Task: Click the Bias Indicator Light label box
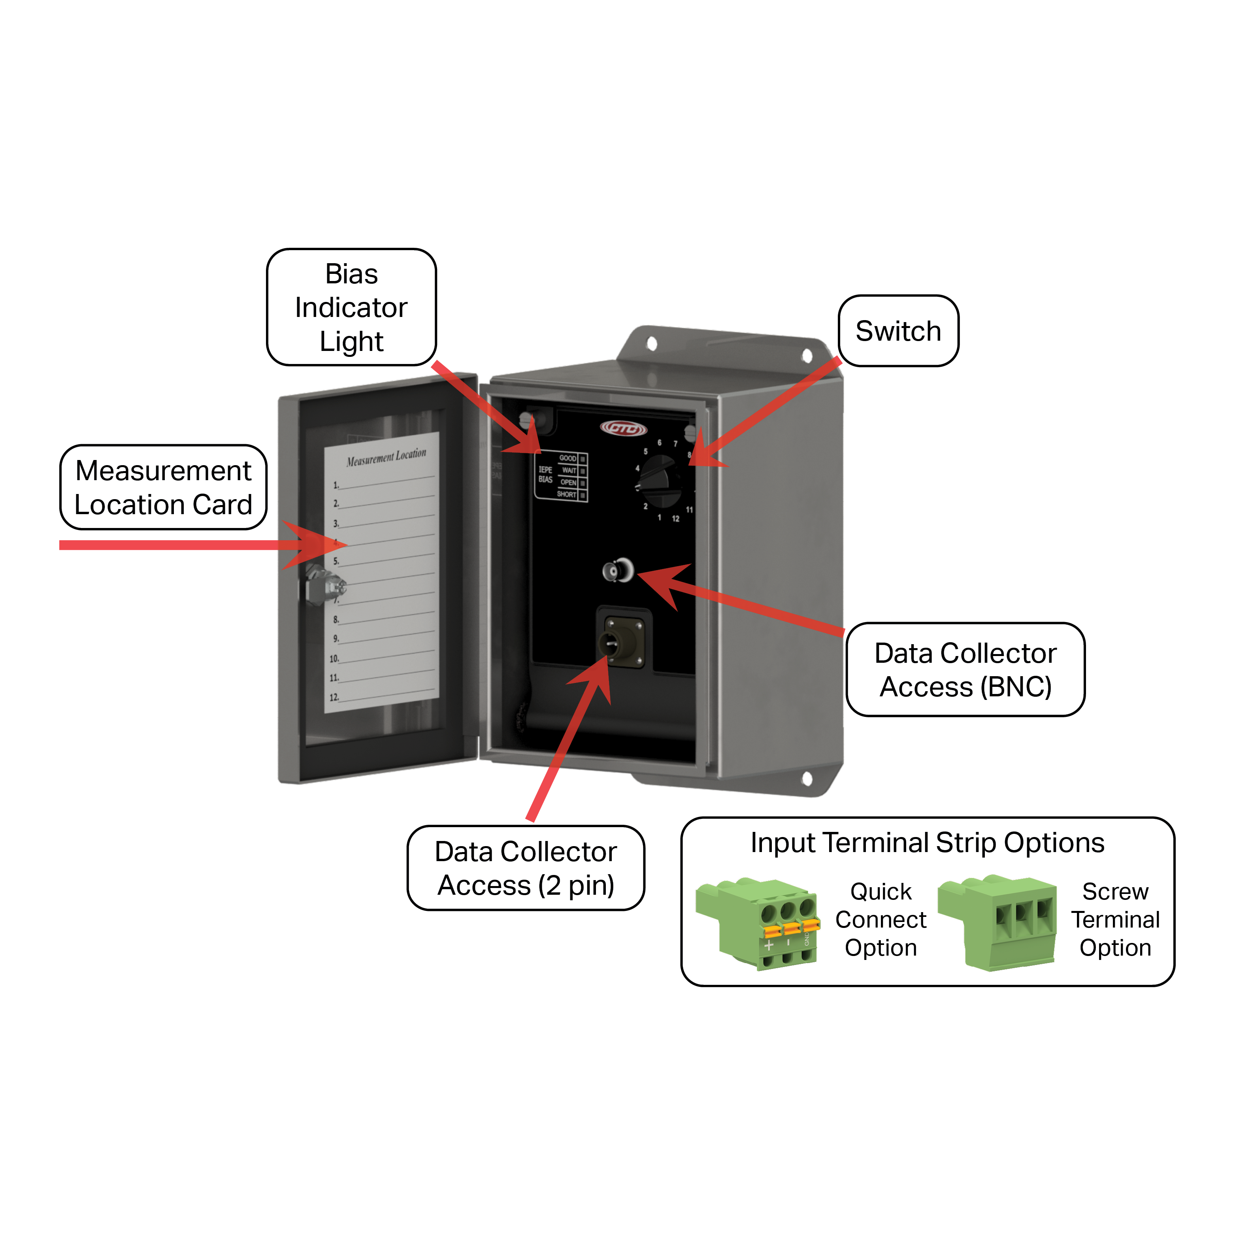351,307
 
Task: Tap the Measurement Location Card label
163,487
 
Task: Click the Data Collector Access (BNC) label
965,669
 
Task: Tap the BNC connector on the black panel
617,570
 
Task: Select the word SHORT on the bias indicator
566,494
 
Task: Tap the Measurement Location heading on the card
386,456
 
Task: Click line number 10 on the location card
334,658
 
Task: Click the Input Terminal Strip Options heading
927,843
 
